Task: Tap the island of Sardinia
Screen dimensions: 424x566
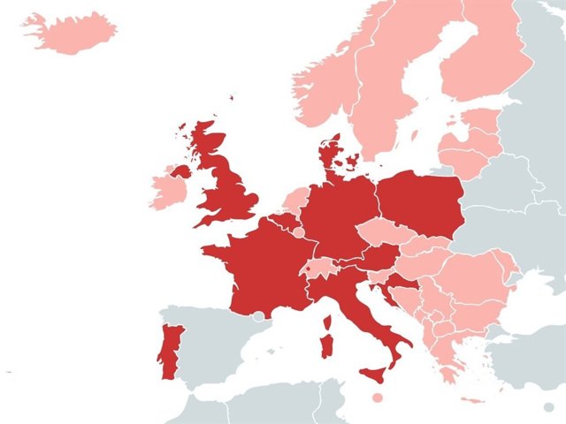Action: tap(326, 341)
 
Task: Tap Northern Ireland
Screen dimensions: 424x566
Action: tap(181, 170)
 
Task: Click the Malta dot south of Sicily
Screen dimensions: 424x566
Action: tap(378, 398)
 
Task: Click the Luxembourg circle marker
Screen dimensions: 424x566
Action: tap(299, 233)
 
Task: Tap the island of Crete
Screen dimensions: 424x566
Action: tap(473, 401)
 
